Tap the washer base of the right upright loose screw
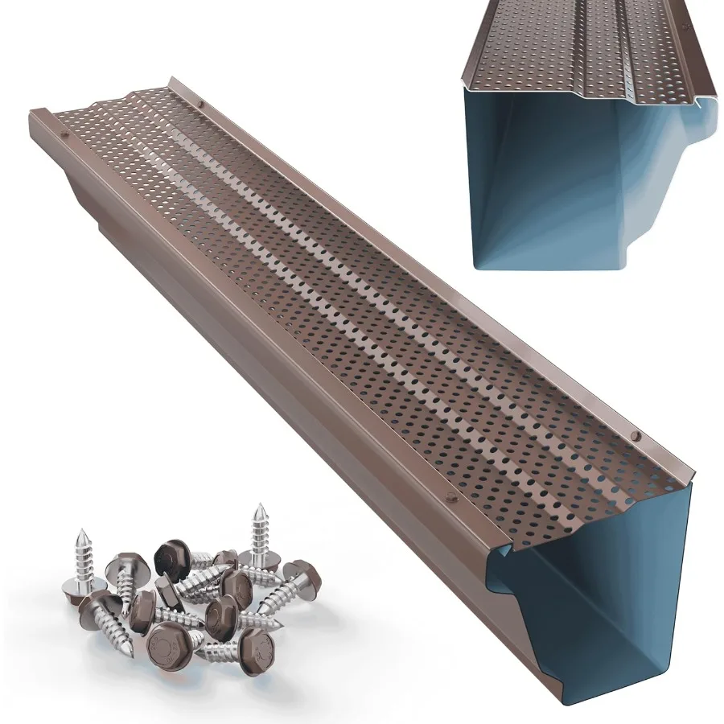[x=261, y=547]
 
